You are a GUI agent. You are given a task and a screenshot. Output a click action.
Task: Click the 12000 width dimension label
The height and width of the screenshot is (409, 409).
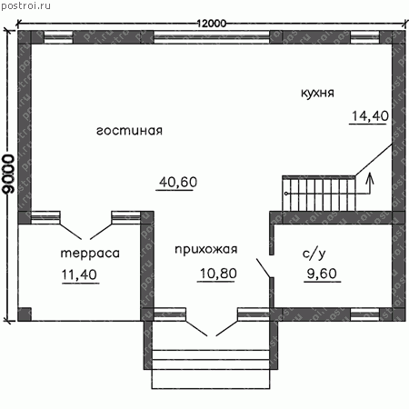212,24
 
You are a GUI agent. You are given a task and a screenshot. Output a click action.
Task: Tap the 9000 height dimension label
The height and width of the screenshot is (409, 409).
8,174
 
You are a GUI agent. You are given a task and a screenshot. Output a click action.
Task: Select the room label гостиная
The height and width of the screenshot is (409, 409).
129,131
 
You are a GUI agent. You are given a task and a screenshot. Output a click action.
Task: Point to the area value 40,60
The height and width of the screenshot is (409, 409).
178,182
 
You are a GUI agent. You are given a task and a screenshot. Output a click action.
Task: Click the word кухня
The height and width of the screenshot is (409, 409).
317,93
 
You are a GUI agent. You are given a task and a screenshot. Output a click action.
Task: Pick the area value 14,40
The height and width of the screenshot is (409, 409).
370,116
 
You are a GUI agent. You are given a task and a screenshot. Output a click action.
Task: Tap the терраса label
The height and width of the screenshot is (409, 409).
90,254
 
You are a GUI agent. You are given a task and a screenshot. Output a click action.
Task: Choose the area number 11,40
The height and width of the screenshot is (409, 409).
79,274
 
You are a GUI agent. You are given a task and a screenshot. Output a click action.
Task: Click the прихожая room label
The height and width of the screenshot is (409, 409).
206,249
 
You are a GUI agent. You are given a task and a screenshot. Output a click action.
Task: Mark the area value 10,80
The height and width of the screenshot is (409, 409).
218,274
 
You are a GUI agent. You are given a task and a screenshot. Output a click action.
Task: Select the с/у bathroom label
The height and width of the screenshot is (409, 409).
314,254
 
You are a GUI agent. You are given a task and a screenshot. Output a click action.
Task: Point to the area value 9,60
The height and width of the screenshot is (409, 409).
322,274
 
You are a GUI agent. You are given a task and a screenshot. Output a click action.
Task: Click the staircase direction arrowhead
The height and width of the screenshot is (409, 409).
369,178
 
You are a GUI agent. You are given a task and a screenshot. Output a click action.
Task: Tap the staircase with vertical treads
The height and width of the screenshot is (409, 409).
319,193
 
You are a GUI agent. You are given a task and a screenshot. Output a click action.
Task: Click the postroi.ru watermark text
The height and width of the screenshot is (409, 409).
25,6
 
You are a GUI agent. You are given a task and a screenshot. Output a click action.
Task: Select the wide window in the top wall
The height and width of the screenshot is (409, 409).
212,37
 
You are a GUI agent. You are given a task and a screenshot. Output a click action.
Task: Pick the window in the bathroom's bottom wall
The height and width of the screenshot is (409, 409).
364,314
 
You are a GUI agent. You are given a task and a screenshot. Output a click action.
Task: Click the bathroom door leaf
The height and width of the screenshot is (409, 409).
264,268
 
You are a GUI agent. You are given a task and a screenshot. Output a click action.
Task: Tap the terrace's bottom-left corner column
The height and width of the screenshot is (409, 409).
25,314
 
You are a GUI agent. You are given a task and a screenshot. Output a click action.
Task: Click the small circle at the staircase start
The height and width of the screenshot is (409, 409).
286,194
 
